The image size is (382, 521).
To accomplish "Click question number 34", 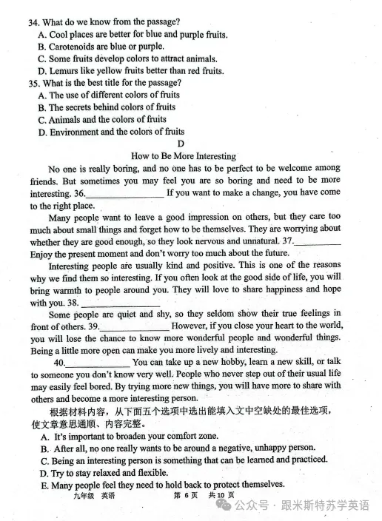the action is [x=34, y=23].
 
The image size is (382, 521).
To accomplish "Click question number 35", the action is [x=34, y=83].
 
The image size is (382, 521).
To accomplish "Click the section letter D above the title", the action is [x=181, y=144].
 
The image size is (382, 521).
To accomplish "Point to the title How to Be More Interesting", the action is [x=183, y=156].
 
